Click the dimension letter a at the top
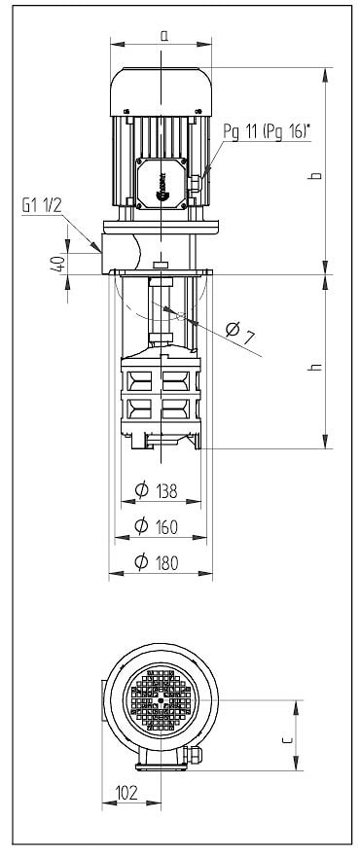point(163,35)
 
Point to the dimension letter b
point(314,176)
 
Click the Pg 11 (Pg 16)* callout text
point(268,131)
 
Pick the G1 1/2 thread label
point(42,205)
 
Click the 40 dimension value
point(60,264)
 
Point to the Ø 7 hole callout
point(240,333)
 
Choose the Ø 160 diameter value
point(157,527)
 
